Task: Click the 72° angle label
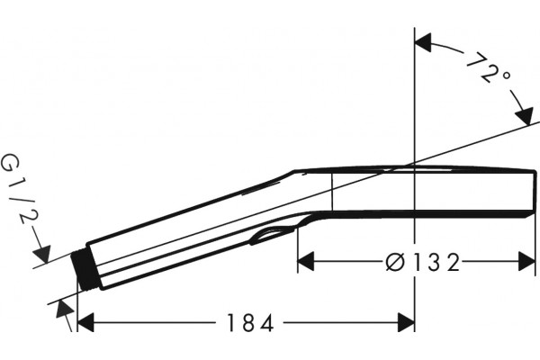(x=489, y=69)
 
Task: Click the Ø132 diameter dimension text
(x=423, y=263)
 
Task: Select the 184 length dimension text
(x=250, y=323)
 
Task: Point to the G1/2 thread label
(x=20, y=188)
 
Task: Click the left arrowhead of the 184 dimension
(x=85, y=323)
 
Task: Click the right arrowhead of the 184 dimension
(x=407, y=323)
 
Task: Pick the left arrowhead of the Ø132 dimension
(x=306, y=262)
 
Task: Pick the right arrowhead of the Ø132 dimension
(x=526, y=262)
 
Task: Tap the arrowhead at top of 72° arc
(x=423, y=42)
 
